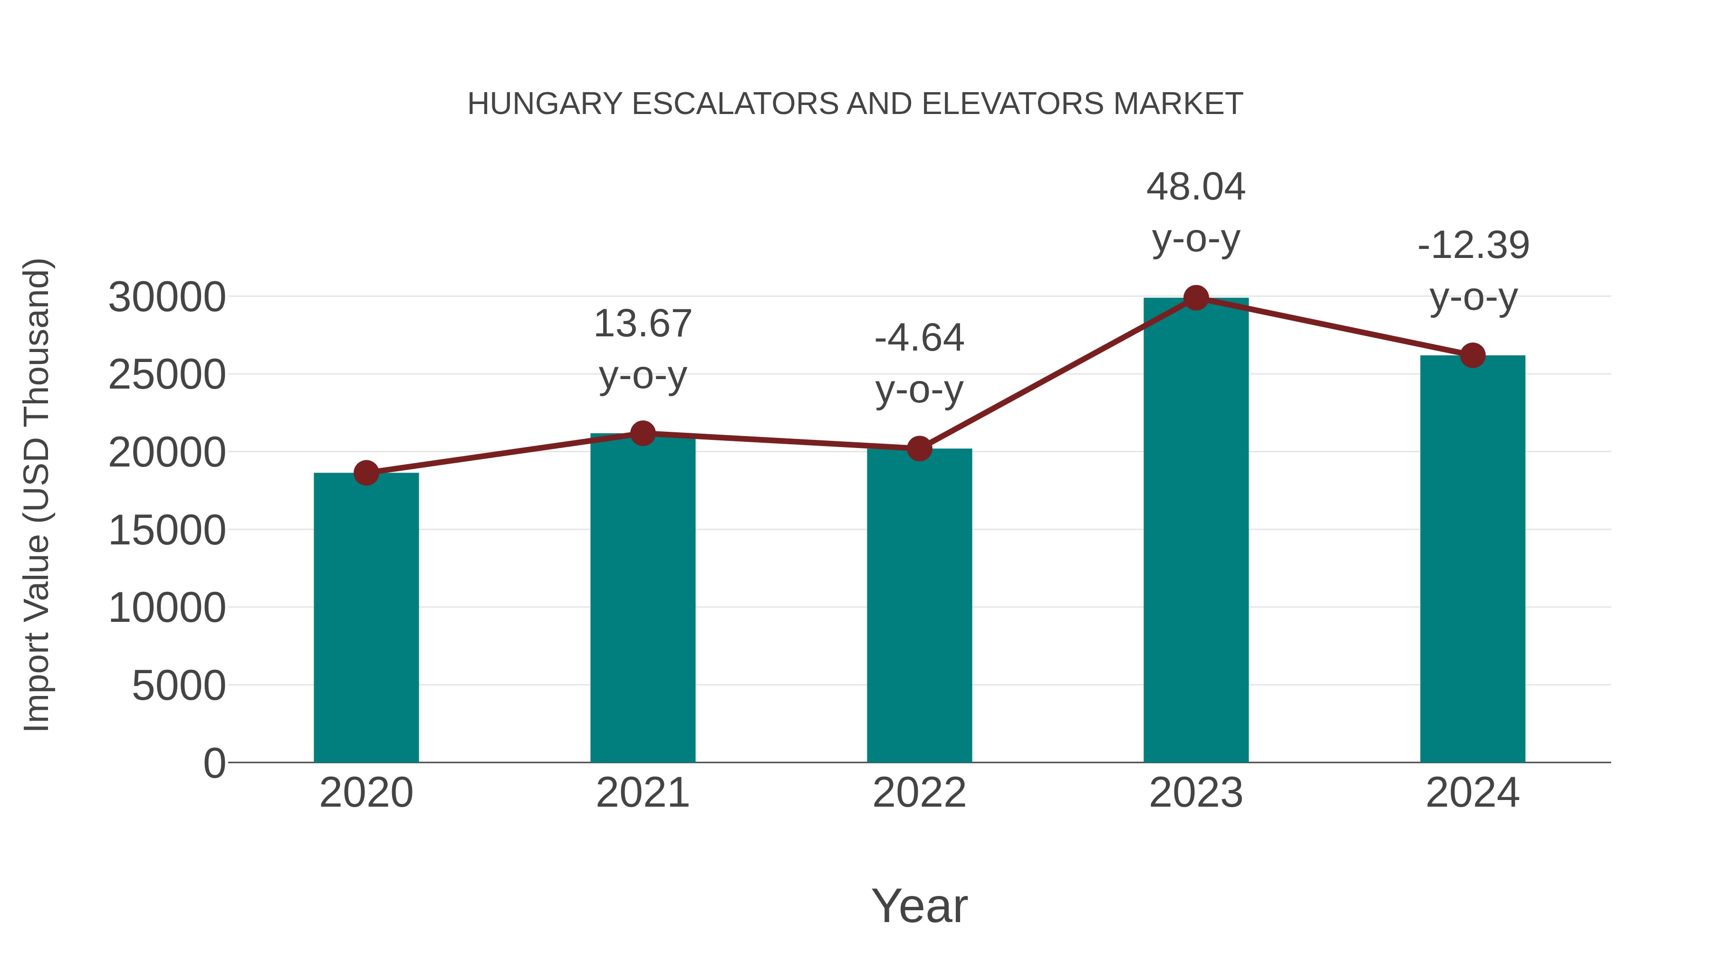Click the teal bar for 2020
[366, 618]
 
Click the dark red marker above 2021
[642, 434]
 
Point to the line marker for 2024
[1472, 355]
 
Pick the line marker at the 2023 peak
[1196, 298]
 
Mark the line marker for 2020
[366, 473]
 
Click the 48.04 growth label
[1196, 187]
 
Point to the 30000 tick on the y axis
[167, 297]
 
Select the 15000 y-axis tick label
[167, 531]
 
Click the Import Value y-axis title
[37, 495]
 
